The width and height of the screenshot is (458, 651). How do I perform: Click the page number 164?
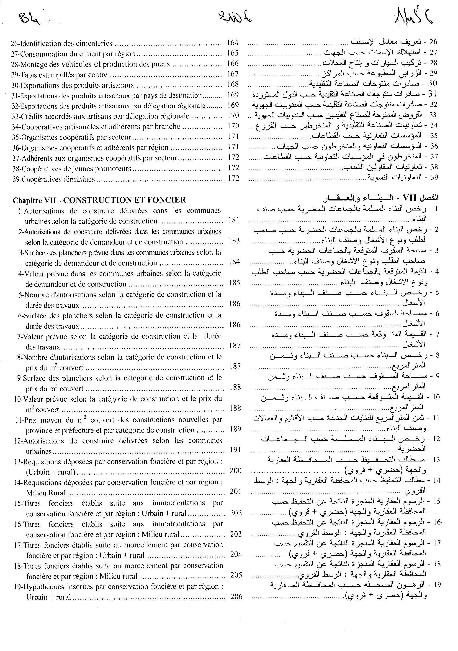[233, 43]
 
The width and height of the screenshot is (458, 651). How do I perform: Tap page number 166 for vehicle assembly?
[233, 63]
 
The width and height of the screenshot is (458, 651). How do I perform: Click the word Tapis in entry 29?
[28, 75]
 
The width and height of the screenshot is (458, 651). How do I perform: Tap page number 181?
[234, 220]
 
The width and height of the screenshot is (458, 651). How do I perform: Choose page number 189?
[235, 429]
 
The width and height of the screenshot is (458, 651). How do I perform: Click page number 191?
[235, 450]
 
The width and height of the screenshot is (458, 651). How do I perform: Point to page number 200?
[236, 471]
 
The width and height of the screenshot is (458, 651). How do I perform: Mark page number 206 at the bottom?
[237, 597]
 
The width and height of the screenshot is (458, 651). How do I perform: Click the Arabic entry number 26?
[433, 42]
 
